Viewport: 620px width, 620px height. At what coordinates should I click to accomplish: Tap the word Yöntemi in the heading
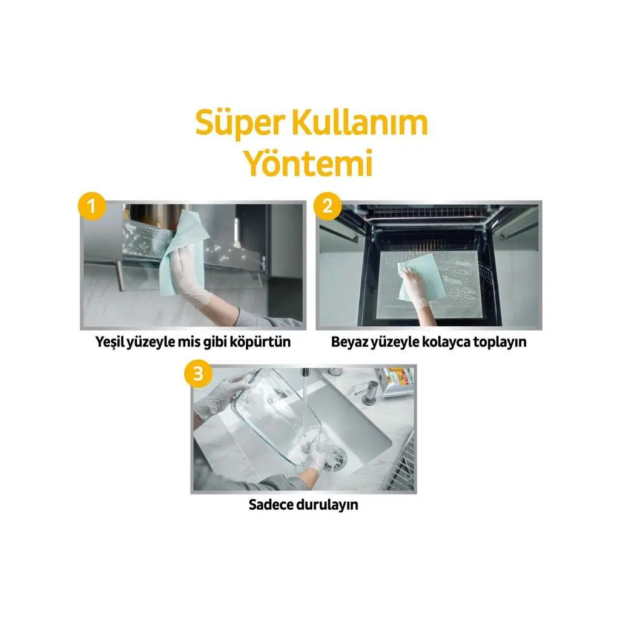click(x=309, y=163)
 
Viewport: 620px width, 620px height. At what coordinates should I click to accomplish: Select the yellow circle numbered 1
click(x=92, y=206)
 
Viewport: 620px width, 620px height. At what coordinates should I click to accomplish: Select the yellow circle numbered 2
click(x=328, y=206)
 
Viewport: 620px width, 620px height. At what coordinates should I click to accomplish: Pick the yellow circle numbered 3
click(x=198, y=373)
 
